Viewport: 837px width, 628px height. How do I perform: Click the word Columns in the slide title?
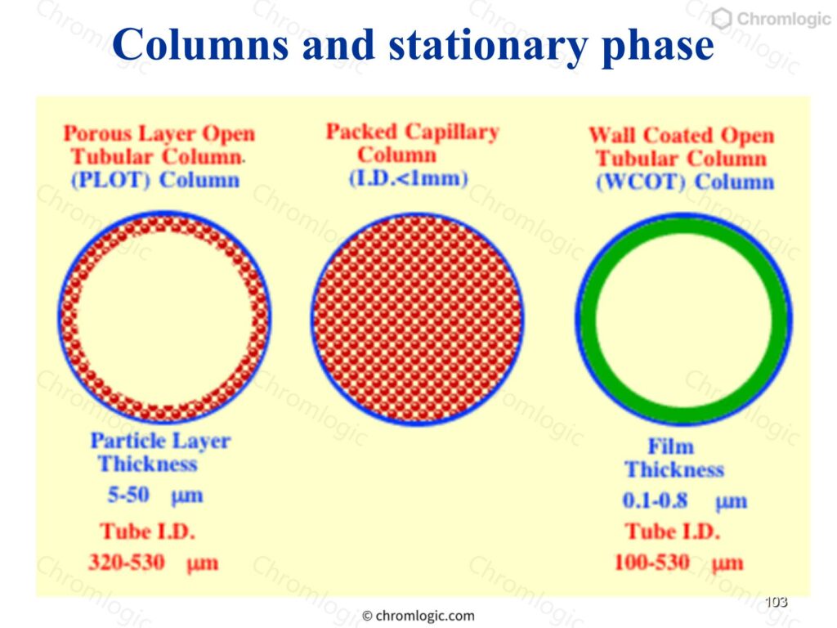tap(200, 44)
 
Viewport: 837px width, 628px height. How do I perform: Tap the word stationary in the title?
tap(489, 47)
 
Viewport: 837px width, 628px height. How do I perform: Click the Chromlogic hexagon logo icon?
tap(721, 19)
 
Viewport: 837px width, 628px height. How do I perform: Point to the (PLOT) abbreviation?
tap(110, 181)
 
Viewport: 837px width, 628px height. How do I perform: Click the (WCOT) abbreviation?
tap(640, 182)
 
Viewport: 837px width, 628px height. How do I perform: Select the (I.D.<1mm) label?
tap(409, 178)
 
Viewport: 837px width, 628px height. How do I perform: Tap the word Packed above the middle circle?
tap(362, 132)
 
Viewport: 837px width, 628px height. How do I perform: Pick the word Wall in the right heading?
tap(613, 135)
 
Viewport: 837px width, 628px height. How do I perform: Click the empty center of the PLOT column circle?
tap(164, 318)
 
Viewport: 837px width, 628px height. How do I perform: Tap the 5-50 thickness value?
tap(128, 495)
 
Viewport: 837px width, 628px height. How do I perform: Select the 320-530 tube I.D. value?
tap(127, 563)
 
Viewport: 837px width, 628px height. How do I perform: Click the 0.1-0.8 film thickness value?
tap(655, 500)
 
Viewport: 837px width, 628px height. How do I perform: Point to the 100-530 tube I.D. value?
tap(651, 563)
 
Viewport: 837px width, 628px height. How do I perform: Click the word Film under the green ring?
tap(670, 446)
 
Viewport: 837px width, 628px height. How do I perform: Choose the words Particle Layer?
tap(160, 441)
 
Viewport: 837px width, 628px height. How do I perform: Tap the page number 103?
tap(776, 602)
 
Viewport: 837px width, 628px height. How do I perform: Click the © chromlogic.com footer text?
tap(418, 616)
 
